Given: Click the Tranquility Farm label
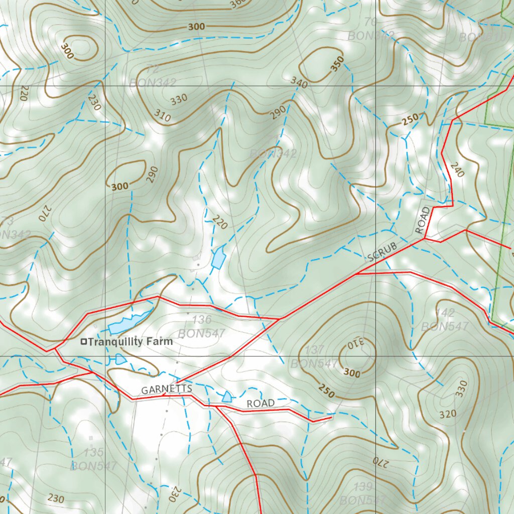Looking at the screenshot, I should pyautogui.click(x=130, y=342).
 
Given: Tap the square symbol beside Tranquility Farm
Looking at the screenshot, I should pyautogui.click(x=84, y=342).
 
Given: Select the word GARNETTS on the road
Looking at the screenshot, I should pyautogui.click(x=159, y=390).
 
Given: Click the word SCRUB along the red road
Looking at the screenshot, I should pyautogui.click(x=382, y=252).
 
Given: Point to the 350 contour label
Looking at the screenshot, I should pyautogui.click(x=338, y=64).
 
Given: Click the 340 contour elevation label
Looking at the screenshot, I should pyautogui.click(x=299, y=82).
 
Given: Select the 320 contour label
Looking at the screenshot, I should pyautogui.click(x=448, y=414).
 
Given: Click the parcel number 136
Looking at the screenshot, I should pyautogui.click(x=201, y=320).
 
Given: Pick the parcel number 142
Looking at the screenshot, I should pyautogui.click(x=445, y=313).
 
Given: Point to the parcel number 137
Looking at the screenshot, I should pyautogui.click(x=314, y=350).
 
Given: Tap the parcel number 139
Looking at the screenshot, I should pyautogui.click(x=362, y=486).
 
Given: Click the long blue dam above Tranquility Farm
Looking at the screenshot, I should pyautogui.click(x=129, y=323).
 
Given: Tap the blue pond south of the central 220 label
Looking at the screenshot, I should pyautogui.click(x=218, y=258).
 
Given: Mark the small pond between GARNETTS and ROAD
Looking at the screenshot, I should pyautogui.click(x=227, y=397).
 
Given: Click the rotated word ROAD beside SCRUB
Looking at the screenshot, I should pyautogui.click(x=423, y=220).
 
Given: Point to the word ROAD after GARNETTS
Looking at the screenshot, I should pyautogui.click(x=261, y=404).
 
